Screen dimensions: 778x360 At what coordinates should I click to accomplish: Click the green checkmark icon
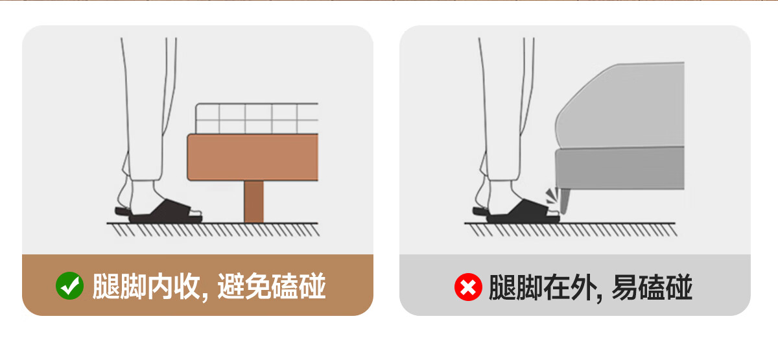[x=69, y=285]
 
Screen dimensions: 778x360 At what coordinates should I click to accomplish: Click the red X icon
[x=468, y=287]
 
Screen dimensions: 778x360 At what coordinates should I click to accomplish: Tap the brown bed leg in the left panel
[x=253, y=202]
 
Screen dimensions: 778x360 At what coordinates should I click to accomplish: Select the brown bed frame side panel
[x=253, y=158]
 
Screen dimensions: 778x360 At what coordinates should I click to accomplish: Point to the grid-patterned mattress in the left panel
[x=257, y=118]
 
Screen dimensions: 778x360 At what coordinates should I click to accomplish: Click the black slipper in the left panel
[x=159, y=212]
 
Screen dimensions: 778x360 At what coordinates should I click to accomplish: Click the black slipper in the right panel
[x=517, y=212]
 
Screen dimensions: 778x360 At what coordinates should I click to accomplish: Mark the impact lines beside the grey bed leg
[x=552, y=196]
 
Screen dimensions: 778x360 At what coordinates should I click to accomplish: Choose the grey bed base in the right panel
[x=620, y=169]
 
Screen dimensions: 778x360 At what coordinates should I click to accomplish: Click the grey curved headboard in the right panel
[x=620, y=105]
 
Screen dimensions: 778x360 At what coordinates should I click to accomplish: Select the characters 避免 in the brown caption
[x=244, y=286]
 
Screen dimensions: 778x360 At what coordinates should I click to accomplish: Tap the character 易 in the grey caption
[x=625, y=287]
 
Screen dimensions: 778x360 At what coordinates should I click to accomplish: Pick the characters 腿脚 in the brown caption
[x=119, y=286]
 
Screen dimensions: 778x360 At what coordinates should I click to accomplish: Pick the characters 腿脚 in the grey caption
[x=516, y=287]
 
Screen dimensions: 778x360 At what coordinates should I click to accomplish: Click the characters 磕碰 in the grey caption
[x=666, y=287]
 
